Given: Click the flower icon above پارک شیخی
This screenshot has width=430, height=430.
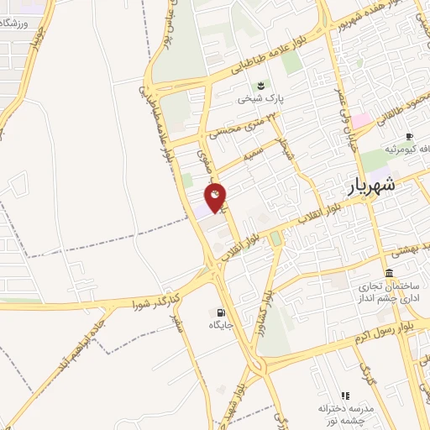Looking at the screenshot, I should click(x=260, y=85).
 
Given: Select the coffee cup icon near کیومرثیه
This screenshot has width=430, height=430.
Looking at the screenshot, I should click(x=409, y=136).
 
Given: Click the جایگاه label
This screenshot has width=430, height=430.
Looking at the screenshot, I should click(x=221, y=323).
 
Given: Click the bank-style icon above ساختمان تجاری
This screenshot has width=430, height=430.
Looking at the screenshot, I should click(x=389, y=274).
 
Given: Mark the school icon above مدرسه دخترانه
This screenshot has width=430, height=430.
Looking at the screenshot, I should click(x=344, y=395).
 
